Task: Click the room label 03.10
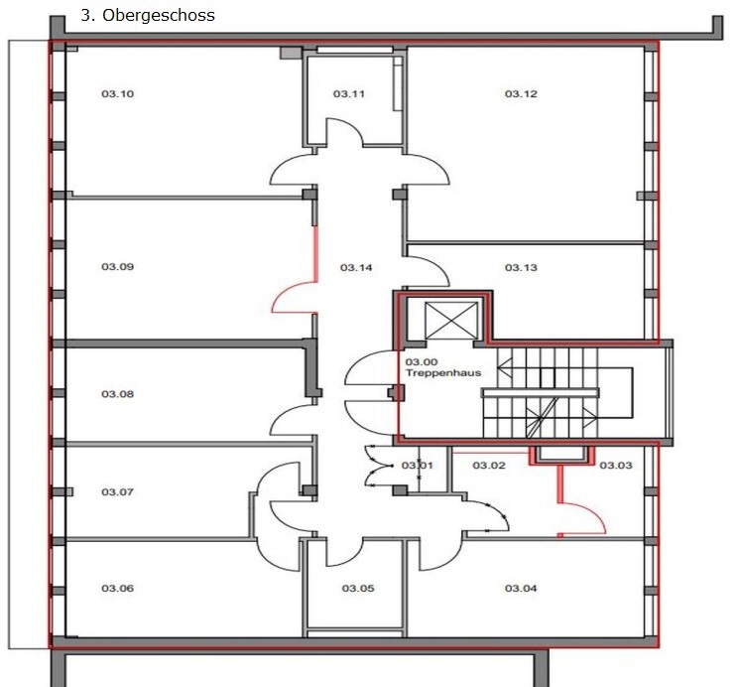pos(117,94)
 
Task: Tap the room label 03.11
pos(349,94)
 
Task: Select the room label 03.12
pos(521,94)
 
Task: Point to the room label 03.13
pos(521,267)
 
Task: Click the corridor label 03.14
pos(356,267)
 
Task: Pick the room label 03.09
pos(117,267)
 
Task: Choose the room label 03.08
pos(117,394)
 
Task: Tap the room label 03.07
pos(117,492)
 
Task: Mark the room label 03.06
pos(117,589)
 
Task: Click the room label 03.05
pos(358,589)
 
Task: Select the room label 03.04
pos(521,589)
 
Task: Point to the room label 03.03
pos(616,466)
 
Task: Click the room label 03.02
pos(489,466)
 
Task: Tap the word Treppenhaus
pos(443,372)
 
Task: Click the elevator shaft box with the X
pos(451,321)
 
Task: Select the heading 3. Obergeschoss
pos(148,15)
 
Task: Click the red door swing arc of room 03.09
pos(283,289)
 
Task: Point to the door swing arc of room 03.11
pos(351,124)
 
